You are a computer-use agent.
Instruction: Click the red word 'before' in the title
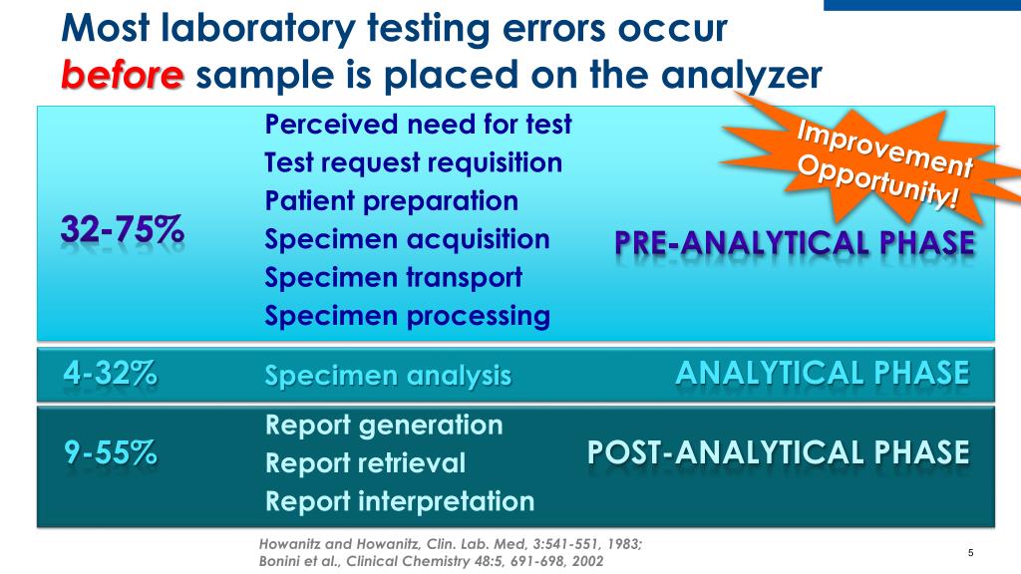pos(122,76)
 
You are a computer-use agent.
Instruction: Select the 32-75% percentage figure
pos(123,229)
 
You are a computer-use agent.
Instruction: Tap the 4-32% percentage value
pos(110,374)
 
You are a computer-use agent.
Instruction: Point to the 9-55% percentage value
pos(111,453)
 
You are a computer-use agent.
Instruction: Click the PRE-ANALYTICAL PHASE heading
pos(794,243)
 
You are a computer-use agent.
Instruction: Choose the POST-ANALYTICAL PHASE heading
pos(778,452)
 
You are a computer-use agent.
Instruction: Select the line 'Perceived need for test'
pos(418,125)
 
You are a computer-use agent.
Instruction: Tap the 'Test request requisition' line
pos(413,162)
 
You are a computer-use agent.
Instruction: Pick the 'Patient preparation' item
pos(391,201)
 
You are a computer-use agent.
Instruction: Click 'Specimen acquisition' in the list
pos(407,240)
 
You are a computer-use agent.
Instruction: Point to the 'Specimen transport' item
pos(393,278)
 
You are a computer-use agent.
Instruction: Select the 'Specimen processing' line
pos(407,317)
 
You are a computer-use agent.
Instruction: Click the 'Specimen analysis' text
pos(388,376)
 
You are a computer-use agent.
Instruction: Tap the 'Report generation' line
pos(384,426)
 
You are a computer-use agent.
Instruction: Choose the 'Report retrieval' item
pos(365,463)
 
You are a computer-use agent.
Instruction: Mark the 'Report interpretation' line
pos(399,501)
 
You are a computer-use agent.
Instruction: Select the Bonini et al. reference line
pos(430,561)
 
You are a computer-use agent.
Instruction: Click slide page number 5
pos(969,553)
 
